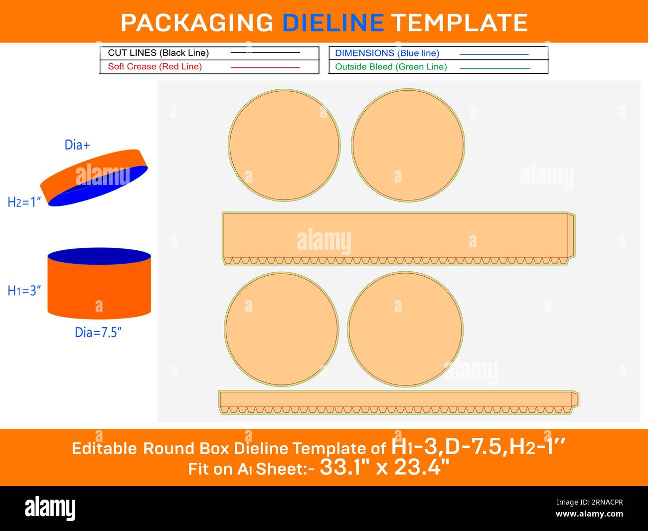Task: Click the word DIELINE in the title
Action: pos(332,22)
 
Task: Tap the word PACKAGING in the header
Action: pos(197,22)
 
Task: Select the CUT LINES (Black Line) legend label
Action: pos(158,53)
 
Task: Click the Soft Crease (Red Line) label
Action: pos(155,66)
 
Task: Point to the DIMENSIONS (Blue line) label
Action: pos(387,53)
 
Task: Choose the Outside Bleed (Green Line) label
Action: pos(391,66)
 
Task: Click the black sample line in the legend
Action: pos(265,52)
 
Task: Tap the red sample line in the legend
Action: pos(265,67)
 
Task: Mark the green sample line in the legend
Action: pos(494,68)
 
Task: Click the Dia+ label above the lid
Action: pos(77,145)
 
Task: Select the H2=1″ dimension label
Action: pos(24,202)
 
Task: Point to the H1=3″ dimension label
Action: pos(24,290)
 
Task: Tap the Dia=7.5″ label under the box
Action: pos(98,332)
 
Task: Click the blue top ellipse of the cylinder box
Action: pos(99,256)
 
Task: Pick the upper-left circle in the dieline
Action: pos(284,146)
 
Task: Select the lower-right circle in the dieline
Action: pos(406,329)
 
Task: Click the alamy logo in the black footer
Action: pos(50,509)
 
